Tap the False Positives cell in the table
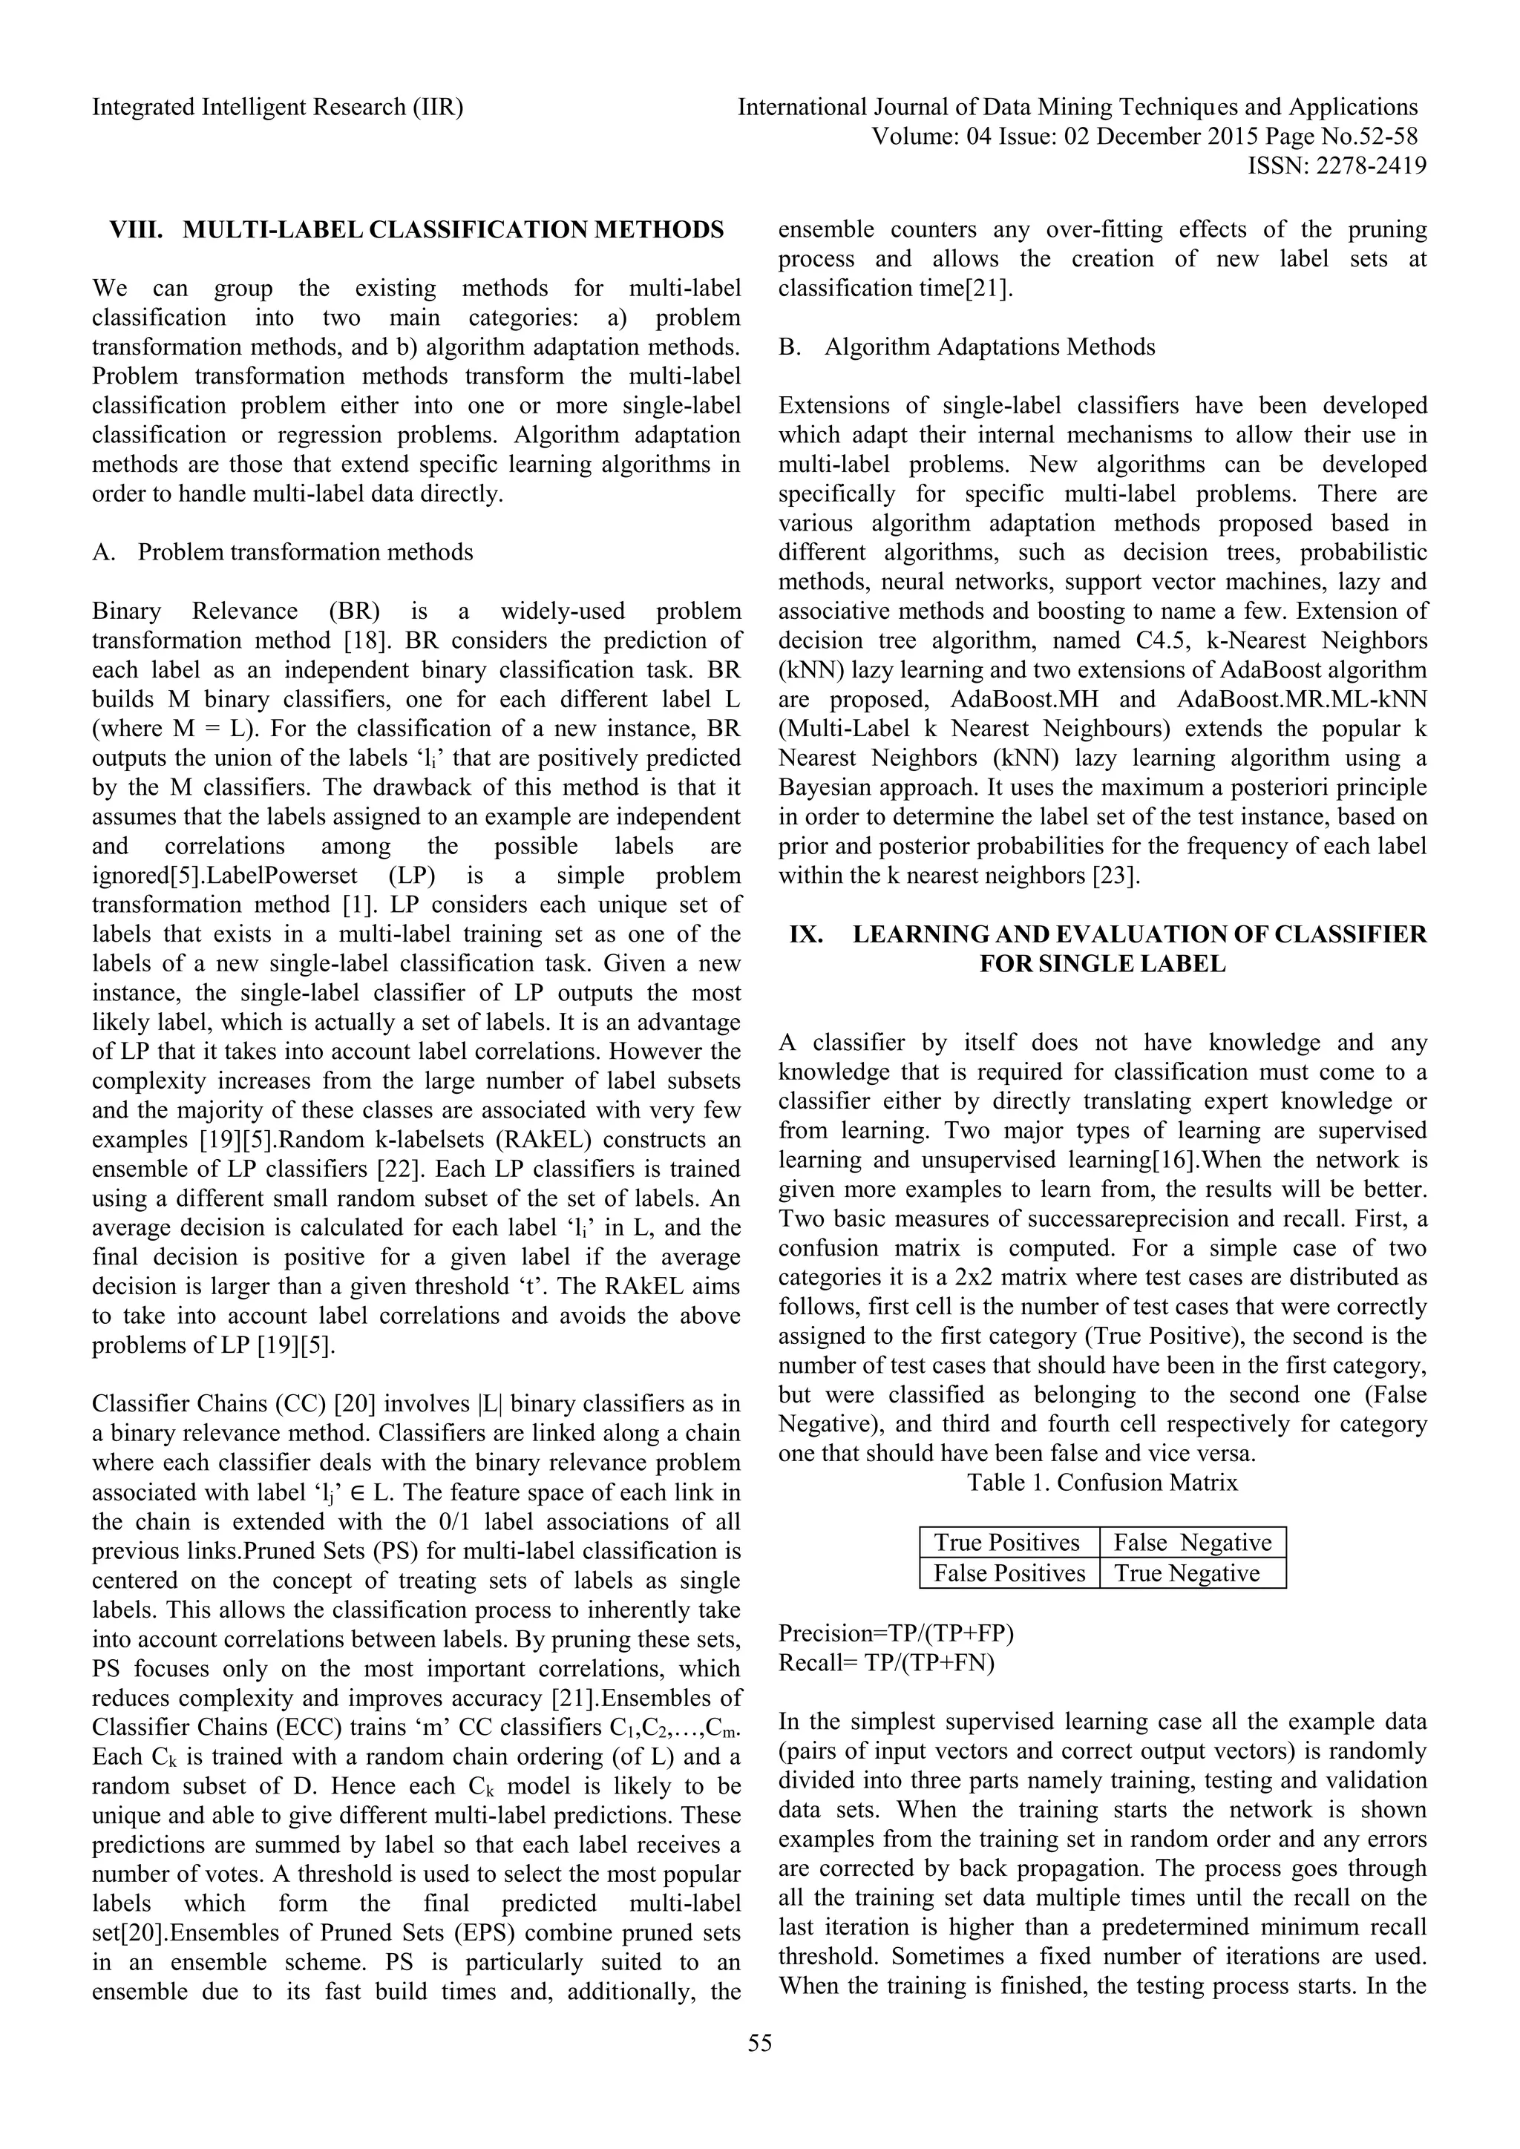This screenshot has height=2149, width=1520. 1009,1572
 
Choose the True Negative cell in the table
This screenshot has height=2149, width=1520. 1187,1572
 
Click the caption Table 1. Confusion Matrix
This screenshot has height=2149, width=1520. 1103,1483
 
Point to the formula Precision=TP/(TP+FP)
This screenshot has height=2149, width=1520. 896,1633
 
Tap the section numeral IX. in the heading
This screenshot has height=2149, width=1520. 807,934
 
